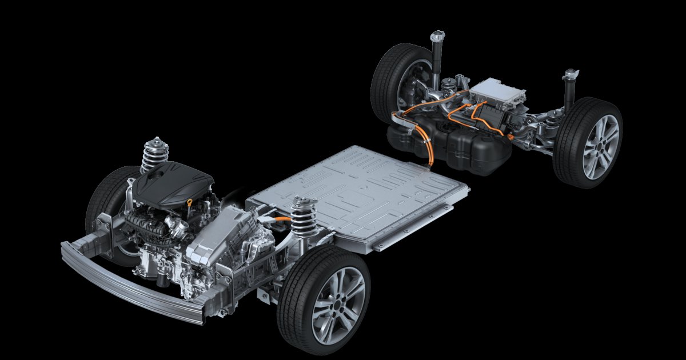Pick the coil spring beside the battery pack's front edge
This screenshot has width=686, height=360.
[304, 216]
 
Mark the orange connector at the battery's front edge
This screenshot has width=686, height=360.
[280, 218]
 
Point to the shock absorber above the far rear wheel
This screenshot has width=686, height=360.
[437, 57]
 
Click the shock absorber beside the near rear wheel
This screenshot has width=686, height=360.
[569, 91]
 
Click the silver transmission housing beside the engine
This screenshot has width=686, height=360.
[223, 234]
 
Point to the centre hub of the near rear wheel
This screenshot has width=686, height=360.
[601, 146]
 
